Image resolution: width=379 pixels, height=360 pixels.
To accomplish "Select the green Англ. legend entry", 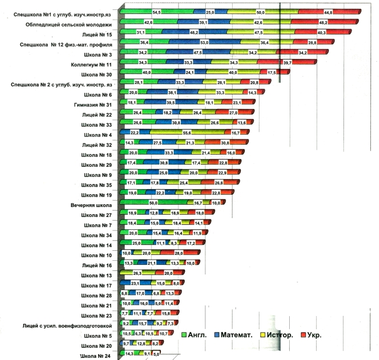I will click(201, 335).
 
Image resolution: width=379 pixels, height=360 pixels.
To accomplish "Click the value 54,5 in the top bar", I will click(156, 12).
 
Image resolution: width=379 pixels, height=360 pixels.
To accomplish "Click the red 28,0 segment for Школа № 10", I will click(179, 254).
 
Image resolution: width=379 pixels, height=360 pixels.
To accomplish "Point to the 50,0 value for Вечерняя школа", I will click(155, 203).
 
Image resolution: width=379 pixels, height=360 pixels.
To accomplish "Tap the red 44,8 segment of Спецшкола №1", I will click(328, 12).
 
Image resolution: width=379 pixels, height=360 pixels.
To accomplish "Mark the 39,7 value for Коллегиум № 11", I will click(287, 62).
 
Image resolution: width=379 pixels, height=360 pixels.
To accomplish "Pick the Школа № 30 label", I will click(98, 74).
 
